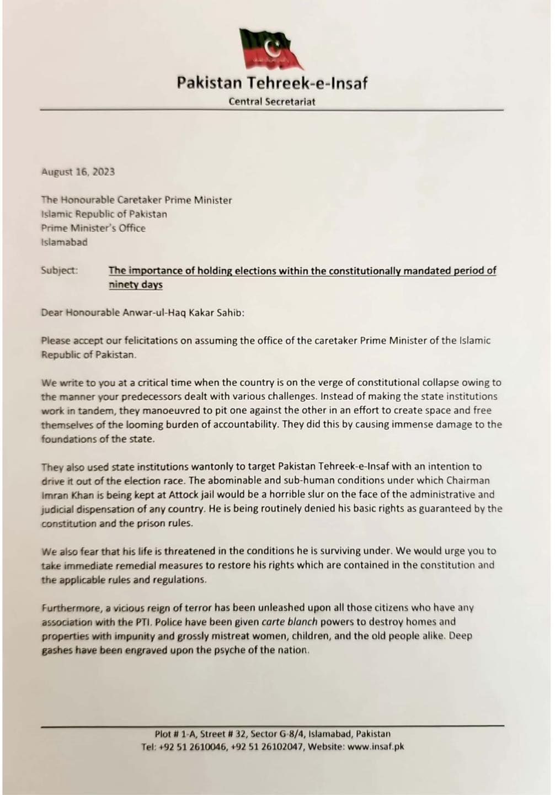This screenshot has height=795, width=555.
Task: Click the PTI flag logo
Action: (271, 50)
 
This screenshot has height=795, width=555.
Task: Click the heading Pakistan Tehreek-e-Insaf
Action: (272, 83)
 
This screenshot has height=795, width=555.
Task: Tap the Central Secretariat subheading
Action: (272, 102)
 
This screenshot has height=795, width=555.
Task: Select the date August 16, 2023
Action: (78, 172)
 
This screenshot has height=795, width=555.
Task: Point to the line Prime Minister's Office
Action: (93, 228)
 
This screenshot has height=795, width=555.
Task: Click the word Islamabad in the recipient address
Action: (64, 242)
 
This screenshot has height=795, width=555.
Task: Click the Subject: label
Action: (59, 271)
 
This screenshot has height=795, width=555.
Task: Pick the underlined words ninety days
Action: (136, 285)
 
